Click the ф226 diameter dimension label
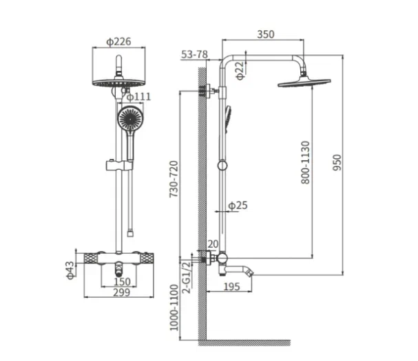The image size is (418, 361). click(x=118, y=42)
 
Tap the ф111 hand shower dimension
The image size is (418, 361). click(x=138, y=97)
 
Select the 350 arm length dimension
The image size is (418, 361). click(x=266, y=34)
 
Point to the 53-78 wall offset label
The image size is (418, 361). click(x=194, y=54)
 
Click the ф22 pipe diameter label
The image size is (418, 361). click(x=240, y=71)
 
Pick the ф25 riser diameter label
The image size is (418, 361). click(x=238, y=206)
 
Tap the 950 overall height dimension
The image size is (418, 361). click(x=337, y=163)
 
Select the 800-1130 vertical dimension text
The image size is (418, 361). click(x=306, y=162)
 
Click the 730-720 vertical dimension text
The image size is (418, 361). click(x=174, y=179)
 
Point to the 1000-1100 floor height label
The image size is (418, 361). click(x=174, y=307)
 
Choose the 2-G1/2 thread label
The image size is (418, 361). click(x=187, y=277)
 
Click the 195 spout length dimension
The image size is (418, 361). click(x=231, y=287)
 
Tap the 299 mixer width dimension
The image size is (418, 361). click(x=122, y=292)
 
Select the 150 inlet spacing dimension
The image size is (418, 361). click(x=122, y=282)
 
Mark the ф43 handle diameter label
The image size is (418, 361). click(x=70, y=270)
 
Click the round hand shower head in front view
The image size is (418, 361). click(x=131, y=118)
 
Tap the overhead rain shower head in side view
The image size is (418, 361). click(x=304, y=82)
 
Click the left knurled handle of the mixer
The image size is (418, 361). click(x=91, y=259)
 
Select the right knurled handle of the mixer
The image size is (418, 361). click(x=147, y=259)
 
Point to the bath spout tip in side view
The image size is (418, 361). click(x=251, y=272)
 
